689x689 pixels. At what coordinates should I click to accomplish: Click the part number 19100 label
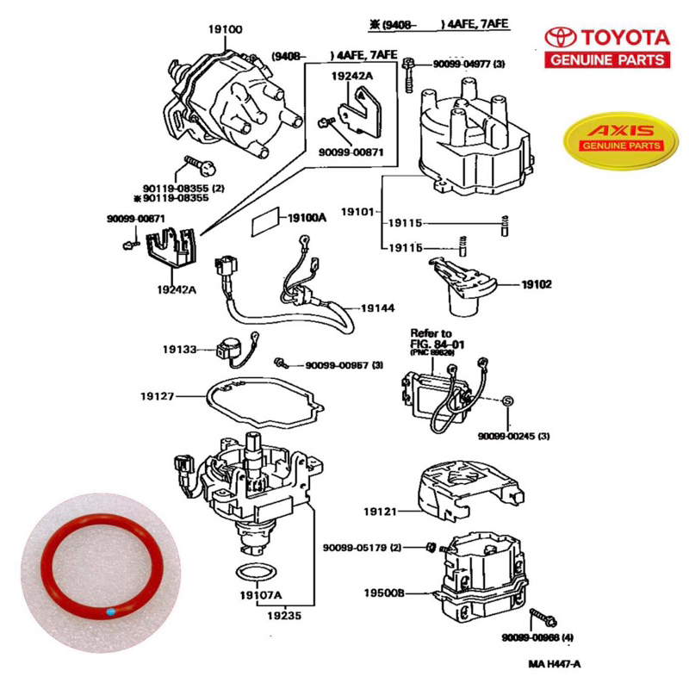225,29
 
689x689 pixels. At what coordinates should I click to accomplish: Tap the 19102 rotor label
536,283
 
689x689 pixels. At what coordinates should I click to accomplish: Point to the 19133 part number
180,350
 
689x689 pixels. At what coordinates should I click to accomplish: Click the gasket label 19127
158,396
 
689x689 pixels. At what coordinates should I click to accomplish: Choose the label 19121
380,512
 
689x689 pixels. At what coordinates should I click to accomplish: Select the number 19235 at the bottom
284,616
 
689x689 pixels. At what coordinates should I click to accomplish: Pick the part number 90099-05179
363,548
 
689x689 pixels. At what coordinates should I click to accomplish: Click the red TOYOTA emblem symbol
560,37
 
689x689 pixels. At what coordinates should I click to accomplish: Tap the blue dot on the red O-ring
114,612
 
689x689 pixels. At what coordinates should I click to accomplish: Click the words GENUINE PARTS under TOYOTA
607,59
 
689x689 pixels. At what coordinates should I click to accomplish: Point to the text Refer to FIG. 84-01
431,337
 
